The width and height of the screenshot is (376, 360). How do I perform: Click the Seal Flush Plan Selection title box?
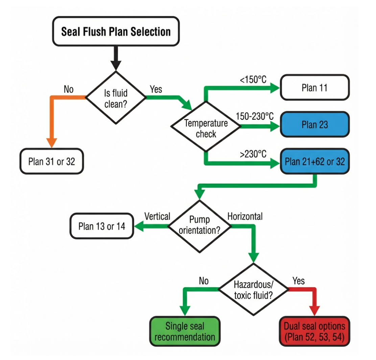click(116, 31)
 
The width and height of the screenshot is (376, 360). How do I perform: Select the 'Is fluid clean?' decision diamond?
click(116, 97)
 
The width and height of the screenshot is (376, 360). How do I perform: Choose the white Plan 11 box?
click(314, 88)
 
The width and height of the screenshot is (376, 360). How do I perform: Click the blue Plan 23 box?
click(314, 125)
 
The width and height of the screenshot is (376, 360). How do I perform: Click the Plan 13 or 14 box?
click(102, 226)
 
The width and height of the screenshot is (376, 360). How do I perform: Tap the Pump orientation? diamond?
click(199, 226)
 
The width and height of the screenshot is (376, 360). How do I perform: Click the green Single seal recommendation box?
click(185, 331)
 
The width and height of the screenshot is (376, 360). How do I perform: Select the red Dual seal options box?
click(314, 331)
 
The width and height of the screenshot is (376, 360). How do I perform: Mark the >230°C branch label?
click(253, 154)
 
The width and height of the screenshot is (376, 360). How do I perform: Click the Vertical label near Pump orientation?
click(157, 216)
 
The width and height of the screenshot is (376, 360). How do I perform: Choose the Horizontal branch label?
click(245, 216)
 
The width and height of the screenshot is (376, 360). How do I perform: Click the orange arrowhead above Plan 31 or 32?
click(51, 142)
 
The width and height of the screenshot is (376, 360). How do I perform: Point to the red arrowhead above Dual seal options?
click(314, 310)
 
